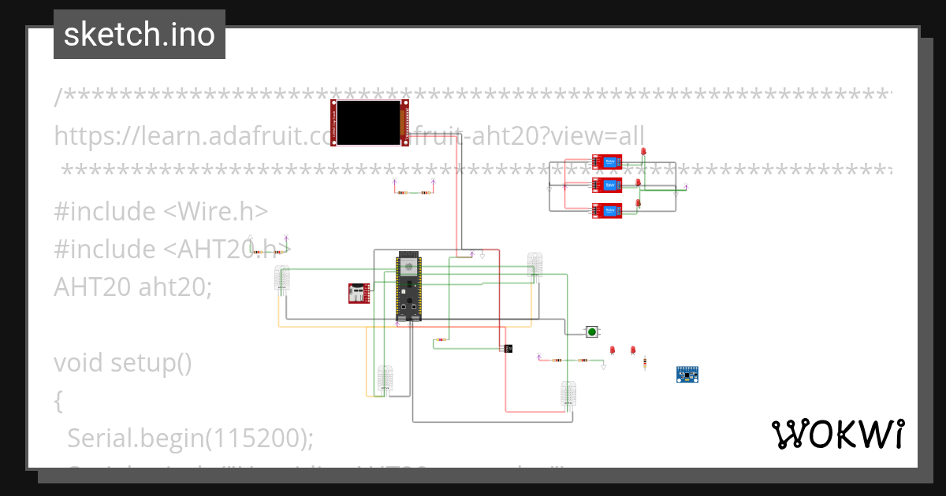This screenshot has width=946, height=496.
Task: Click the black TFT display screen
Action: (x=369, y=123)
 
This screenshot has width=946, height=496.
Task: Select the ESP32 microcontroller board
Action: (x=408, y=287)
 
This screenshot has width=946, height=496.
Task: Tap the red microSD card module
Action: (x=359, y=293)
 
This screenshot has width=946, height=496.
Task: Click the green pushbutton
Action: (x=592, y=331)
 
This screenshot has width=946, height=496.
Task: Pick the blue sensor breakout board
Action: (x=688, y=374)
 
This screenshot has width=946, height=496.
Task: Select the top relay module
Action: (x=607, y=162)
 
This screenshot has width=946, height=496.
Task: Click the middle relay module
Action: (x=607, y=185)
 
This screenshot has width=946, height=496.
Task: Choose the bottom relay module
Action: (x=607, y=210)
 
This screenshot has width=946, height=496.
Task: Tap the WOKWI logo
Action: (x=837, y=435)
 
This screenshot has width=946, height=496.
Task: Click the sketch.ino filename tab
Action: (x=140, y=35)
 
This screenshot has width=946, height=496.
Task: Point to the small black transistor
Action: (x=508, y=348)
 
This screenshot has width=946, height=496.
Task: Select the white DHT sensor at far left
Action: (x=281, y=279)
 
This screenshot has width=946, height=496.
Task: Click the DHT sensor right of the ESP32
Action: (x=534, y=265)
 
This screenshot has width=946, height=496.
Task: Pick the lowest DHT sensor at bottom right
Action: (x=568, y=394)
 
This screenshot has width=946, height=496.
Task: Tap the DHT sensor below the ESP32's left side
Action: (x=385, y=378)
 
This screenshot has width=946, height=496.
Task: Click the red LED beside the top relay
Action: (x=643, y=152)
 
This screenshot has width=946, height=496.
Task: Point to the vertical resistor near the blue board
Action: (x=645, y=363)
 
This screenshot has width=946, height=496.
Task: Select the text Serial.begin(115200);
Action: (x=190, y=437)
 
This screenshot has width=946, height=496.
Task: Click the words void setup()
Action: (x=123, y=363)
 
